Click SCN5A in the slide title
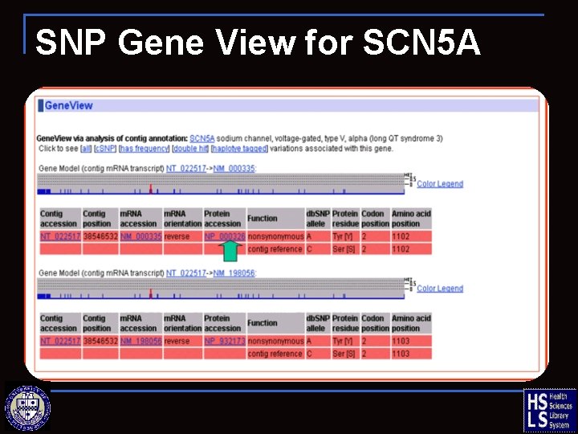click(x=421, y=43)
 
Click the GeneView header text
click(x=69, y=105)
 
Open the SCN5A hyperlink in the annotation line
click(x=202, y=138)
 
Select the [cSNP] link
click(x=105, y=149)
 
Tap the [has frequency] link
click(x=144, y=149)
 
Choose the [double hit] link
click(x=191, y=149)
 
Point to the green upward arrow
click(x=230, y=252)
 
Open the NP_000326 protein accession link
click(x=224, y=236)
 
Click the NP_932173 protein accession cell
click(x=224, y=341)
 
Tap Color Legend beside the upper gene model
click(x=440, y=184)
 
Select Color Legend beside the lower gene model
click(x=440, y=289)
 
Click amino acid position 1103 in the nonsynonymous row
click(x=401, y=341)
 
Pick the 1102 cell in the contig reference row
click(x=401, y=249)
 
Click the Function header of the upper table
click(x=263, y=219)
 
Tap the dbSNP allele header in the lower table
click(x=316, y=323)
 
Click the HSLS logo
click(x=549, y=410)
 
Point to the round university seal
click(x=28, y=407)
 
